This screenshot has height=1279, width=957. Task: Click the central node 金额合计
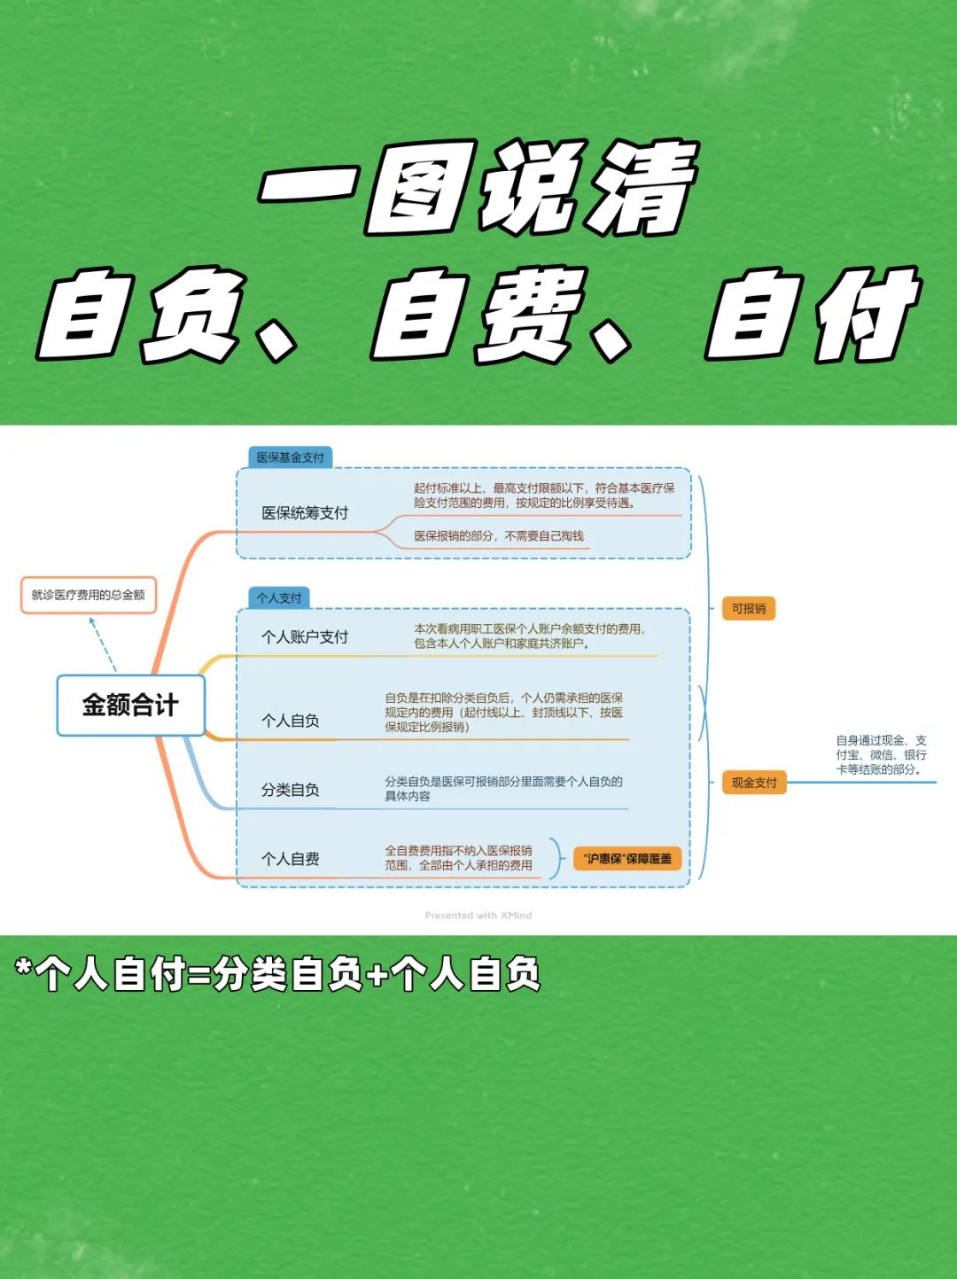pos(130,705)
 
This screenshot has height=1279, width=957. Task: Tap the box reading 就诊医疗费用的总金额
pos(89,595)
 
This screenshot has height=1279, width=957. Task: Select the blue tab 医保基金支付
pos(290,457)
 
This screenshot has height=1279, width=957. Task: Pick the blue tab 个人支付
pos(279,597)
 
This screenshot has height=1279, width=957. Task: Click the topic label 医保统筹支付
pos(305,513)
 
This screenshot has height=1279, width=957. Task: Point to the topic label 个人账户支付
pos(305,637)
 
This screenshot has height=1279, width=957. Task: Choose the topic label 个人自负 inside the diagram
pos(290,721)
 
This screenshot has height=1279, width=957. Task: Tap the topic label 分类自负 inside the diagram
pos(290,790)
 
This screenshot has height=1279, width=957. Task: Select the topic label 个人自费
pos(290,858)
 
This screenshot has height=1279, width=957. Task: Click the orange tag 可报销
pos(749,608)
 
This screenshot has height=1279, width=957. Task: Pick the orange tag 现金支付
pos(754,783)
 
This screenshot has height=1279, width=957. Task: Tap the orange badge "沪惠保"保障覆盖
pos(627,859)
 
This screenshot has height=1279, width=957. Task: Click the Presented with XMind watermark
pos(478,916)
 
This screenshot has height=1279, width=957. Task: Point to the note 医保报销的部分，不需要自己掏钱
pos(499,536)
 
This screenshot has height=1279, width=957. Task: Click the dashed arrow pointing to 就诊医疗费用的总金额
pos(103,644)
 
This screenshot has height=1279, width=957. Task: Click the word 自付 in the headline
pos(813,314)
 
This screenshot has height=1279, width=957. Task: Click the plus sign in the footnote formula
pos(377,975)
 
